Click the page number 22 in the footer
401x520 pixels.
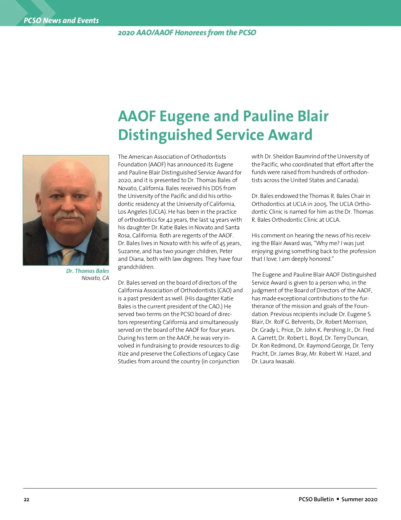(26, 500)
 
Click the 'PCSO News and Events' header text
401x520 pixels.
(61, 20)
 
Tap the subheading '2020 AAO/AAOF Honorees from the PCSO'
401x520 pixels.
(187, 32)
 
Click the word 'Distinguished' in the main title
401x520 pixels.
(165, 135)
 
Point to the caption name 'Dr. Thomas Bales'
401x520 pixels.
(88, 271)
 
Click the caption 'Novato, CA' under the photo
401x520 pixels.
(95, 278)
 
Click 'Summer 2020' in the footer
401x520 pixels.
(359, 499)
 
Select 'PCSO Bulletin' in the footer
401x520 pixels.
(316, 499)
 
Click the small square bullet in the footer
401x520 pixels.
(338, 499)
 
